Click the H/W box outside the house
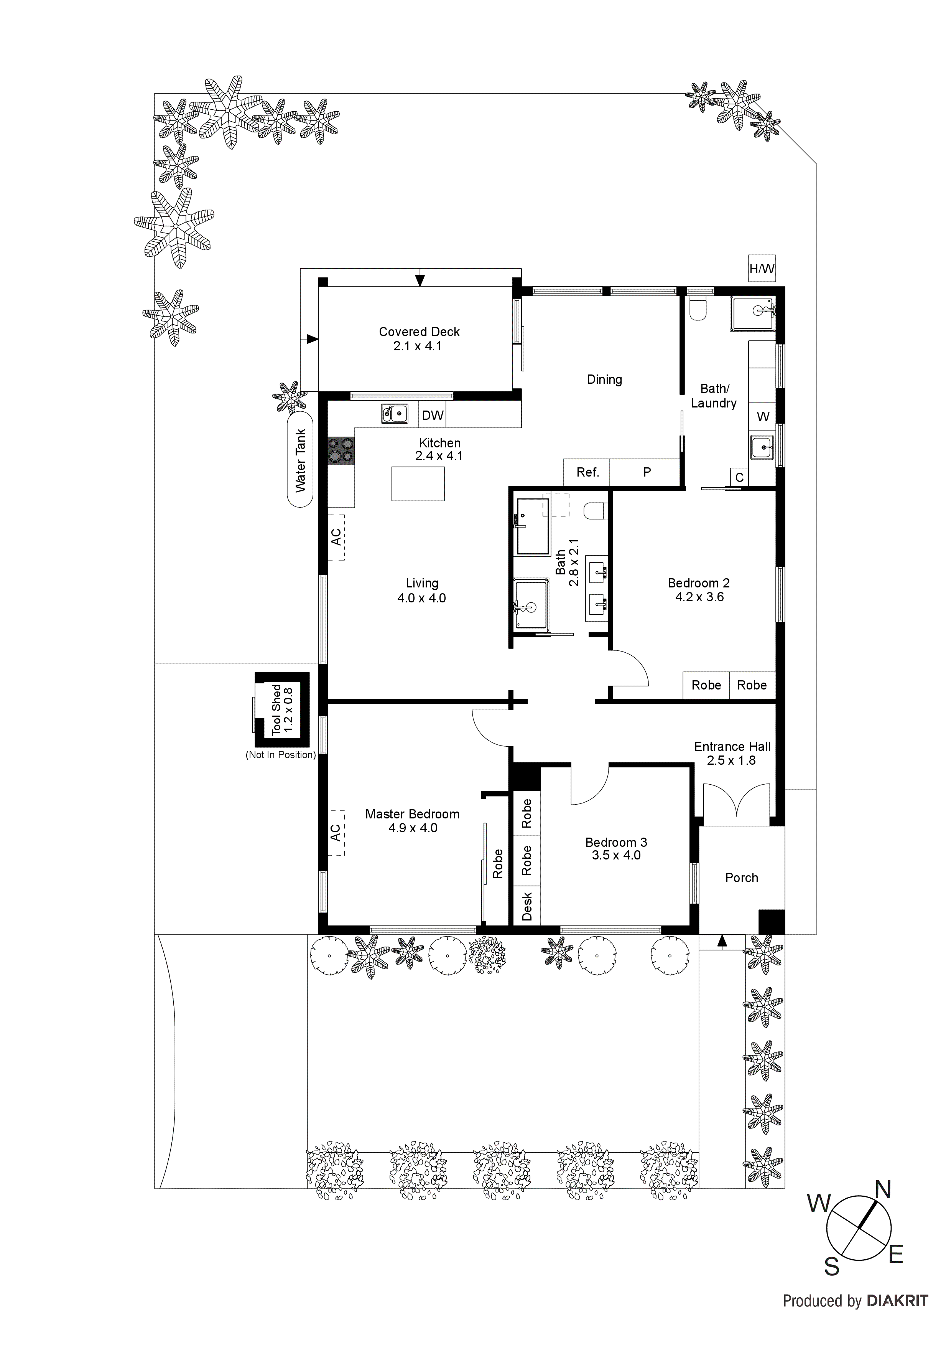[762, 269]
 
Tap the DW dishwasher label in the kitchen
[433, 415]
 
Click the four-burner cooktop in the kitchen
[341, 451]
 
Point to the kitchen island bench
[418, 483]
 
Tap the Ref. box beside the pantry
[587, 472]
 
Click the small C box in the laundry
[739, 477]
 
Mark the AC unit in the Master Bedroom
[336, 833]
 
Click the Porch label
[741, 878]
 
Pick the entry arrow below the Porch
[722, 941]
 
